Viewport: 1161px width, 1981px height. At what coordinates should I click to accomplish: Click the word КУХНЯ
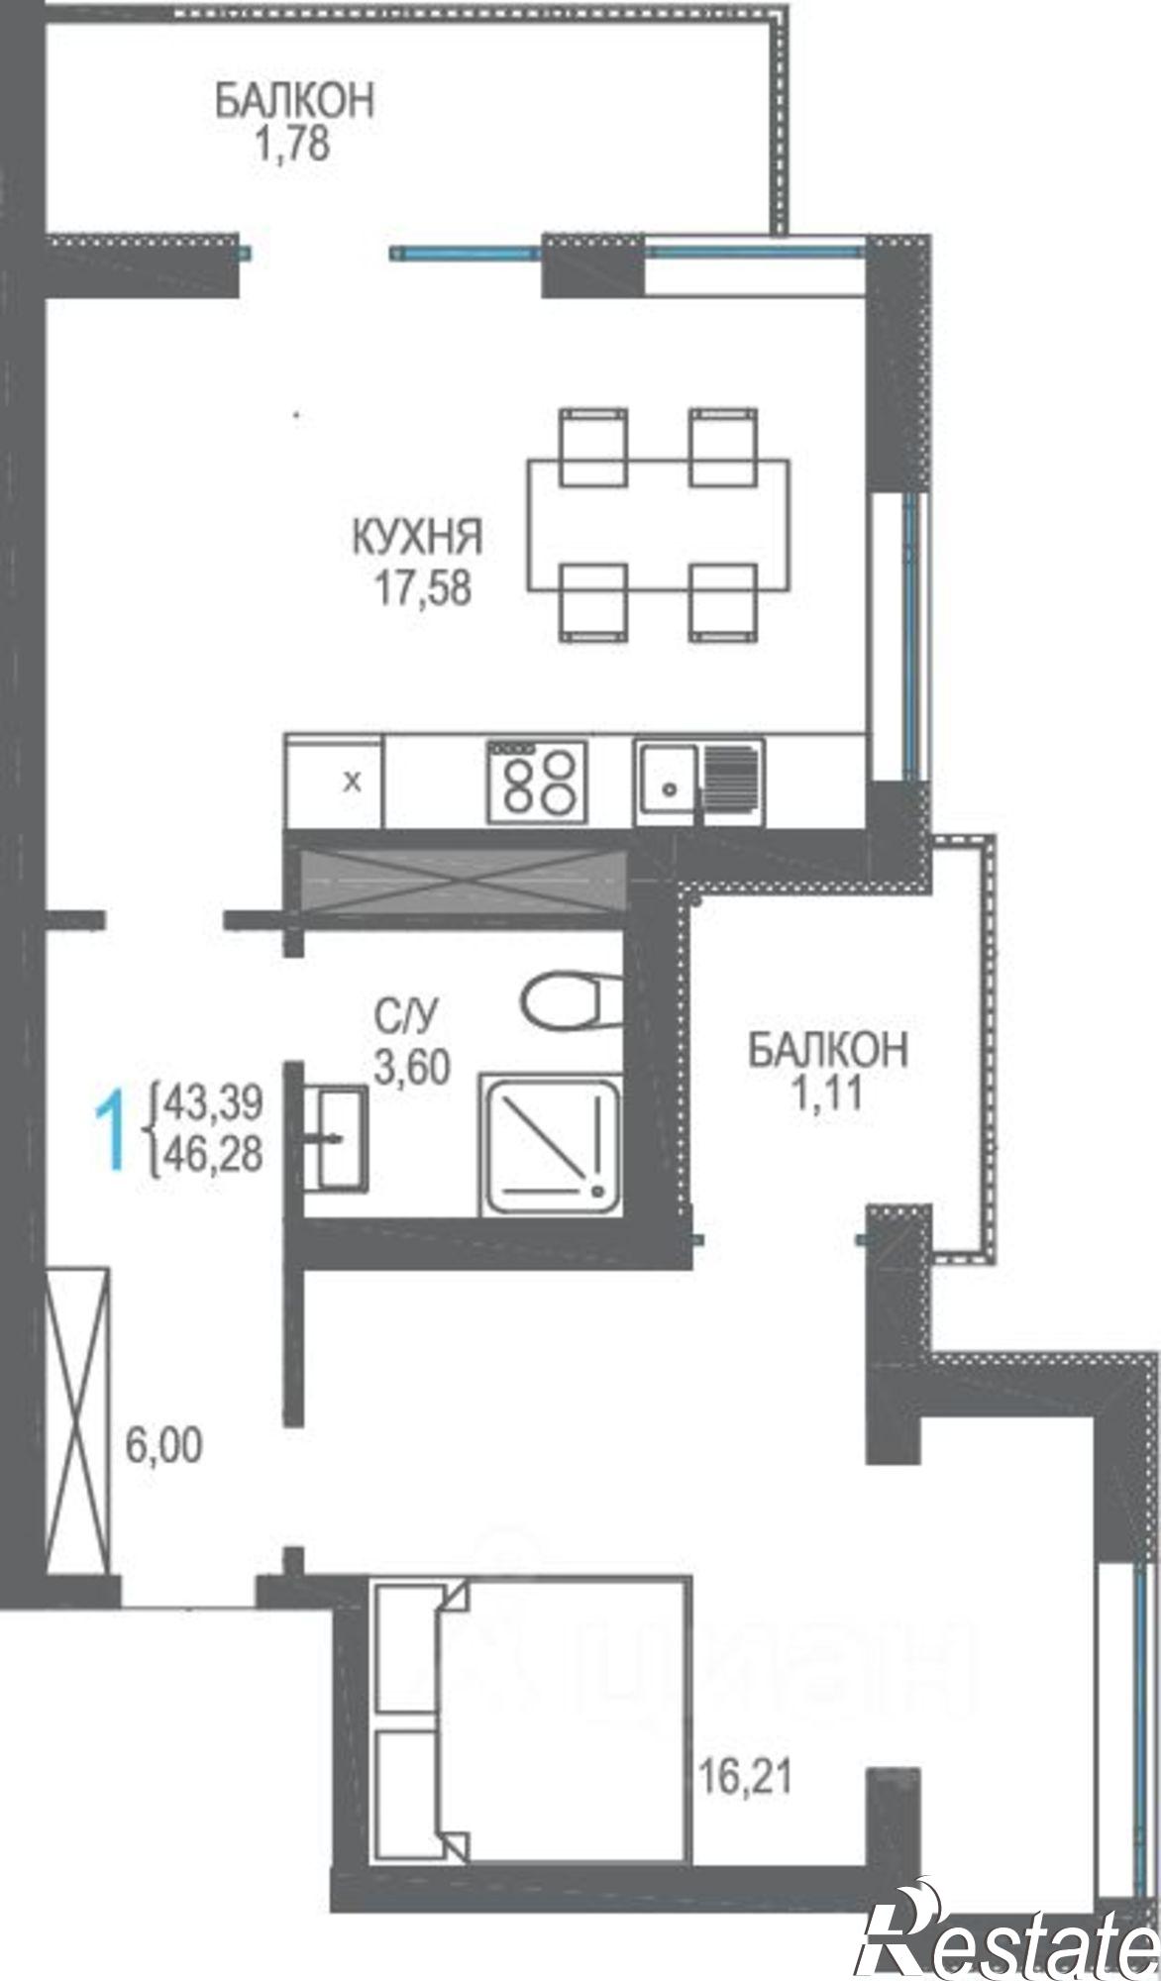(417, 538)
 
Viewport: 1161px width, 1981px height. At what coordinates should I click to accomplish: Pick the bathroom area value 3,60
(412, 1067)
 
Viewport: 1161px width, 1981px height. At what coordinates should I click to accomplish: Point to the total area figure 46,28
(214, 1155)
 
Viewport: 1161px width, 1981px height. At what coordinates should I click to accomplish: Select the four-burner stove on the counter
(536, 780)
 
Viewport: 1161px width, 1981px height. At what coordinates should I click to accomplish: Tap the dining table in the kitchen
(659, 525)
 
